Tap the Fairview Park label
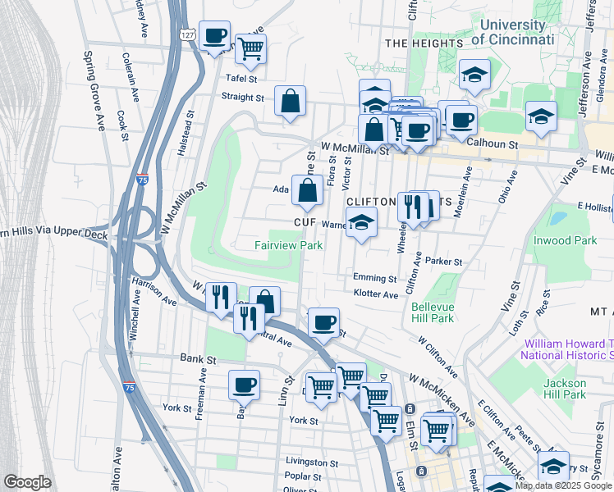[288, 245]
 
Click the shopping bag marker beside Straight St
[290, 102]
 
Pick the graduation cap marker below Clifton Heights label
[360, 222]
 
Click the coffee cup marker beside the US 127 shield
[215, 36]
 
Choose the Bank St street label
[198, 359]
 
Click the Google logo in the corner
[27, 482]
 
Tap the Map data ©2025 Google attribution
[563, 485]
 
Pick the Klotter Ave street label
[375, 294]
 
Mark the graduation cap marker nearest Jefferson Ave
[541, 118]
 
